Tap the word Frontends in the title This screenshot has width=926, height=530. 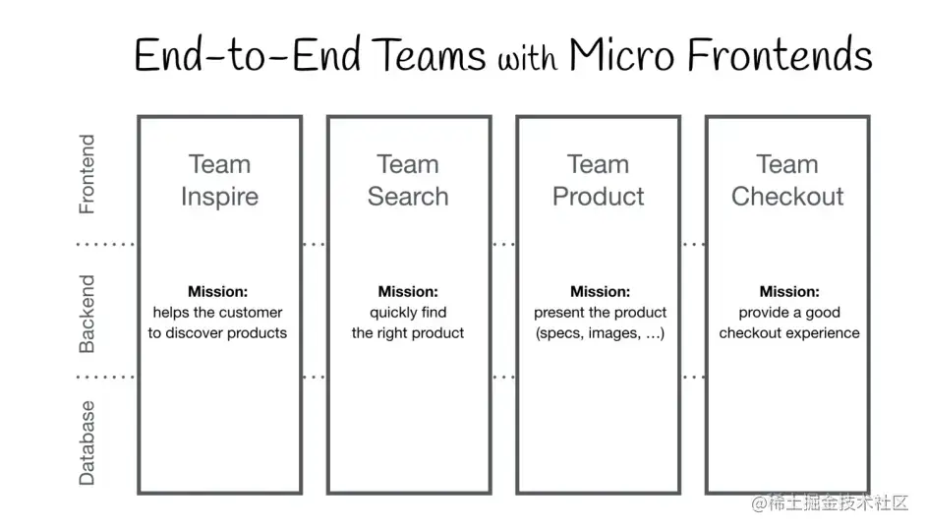click(780, 55)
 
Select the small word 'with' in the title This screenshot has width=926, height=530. click(528, 59)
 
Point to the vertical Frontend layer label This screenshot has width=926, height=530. click(87, 174)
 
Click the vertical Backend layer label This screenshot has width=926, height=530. click(87, 314)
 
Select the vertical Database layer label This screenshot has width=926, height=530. click(87, 442)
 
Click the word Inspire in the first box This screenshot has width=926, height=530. click(219, 197)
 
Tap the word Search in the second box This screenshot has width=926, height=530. click(408, 197)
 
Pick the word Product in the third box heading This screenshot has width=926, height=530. click(598, 197)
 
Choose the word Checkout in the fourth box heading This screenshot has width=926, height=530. click(787, 197)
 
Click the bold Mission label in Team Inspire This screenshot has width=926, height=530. click(217, 291)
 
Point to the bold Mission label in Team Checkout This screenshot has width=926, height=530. click(789, 291)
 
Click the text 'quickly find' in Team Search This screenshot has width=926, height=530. click(408, 313)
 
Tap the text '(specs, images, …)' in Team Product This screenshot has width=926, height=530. click(600, 333)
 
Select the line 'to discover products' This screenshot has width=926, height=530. click(217, 333)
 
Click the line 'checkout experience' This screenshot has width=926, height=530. click(789, 333)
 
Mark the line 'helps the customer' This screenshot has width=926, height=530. click(217, 313)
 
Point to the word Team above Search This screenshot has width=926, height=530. click(408, 164)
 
